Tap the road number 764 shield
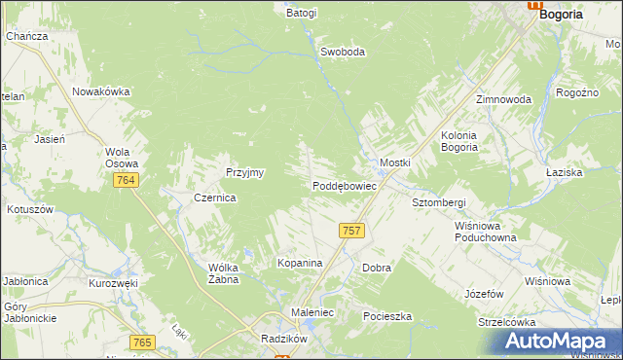click(x=124, y=181)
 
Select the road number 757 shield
click(x=352, y=231)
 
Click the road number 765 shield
click(x=142, y=342)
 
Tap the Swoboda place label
click(x=343, y=53)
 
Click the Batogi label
click(x=302, y=14)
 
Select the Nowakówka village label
click(x=100, y=92)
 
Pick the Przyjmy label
click(x=245, y=172)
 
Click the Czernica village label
click(x=215, y=197)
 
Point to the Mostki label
click(x=395, y=162)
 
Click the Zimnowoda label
click(x=503, y=100)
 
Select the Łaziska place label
click(x=590, y=171)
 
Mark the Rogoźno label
click(x=575, y=92)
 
